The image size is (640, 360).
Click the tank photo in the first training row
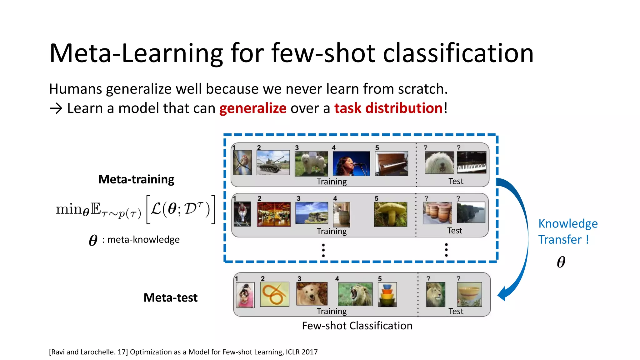point(273,162)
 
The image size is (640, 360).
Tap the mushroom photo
point(390,214)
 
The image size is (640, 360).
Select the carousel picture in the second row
point(273,214)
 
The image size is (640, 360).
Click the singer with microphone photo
point(351,164)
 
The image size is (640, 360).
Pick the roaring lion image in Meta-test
point(355,294)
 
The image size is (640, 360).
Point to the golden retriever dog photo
point(312,294)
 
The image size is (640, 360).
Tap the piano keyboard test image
point(472,162)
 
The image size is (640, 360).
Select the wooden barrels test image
point(437,213)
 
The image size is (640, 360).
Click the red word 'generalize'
point(253,108)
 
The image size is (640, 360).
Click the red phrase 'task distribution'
point(388,108)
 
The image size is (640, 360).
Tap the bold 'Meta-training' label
point(136,179)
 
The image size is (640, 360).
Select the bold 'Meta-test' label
point(170,297)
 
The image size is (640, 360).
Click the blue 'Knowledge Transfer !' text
point(567,232)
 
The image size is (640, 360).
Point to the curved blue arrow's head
point(502,294)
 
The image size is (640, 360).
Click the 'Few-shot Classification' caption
point(357,326)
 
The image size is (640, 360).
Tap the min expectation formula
point(135,209)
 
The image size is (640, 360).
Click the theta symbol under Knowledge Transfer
point(561,262)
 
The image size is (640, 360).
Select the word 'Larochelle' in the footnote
point(98,352)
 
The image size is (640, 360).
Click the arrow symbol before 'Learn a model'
point(56,108)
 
